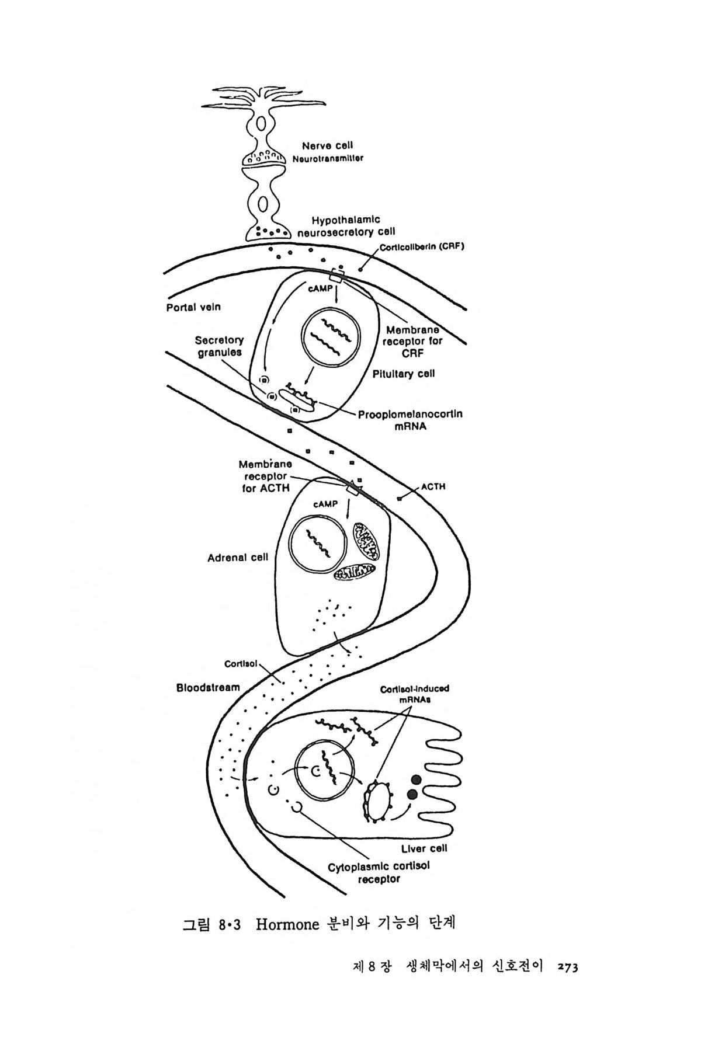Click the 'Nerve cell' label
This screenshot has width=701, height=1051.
pyautogui.click(x=327, y=145)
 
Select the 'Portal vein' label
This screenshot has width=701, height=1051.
pyautogui.click(x=194, y=307)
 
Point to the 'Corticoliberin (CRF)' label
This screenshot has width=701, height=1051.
pyautogui.click(x=422, y=246)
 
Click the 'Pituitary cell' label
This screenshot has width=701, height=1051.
pyautogui.click(x=404, y=374)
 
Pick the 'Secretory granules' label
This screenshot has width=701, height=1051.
pyautogui.click(x=220, y=346)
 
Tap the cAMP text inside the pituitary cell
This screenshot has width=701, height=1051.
pyautogui.click(x=321, y=288)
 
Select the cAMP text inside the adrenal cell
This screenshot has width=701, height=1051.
pyautogui.click(x=325, y=504)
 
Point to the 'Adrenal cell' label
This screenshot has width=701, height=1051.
pyautogui.click(x=238, y=558)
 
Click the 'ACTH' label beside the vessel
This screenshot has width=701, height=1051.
pyautogui.click(x=433, y=486)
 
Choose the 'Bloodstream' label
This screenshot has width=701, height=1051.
pyautogui.click(x=208, y=687)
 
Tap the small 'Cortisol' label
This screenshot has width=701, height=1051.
pyautogui.click(x=238, y=664)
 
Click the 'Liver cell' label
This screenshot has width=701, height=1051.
pyautogui.click(x=424, y=848)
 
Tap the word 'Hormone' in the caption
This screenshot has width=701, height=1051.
pyautogui.click(x=288, y=925)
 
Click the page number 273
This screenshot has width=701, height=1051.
pyautogui.click(x=567, y=967)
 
